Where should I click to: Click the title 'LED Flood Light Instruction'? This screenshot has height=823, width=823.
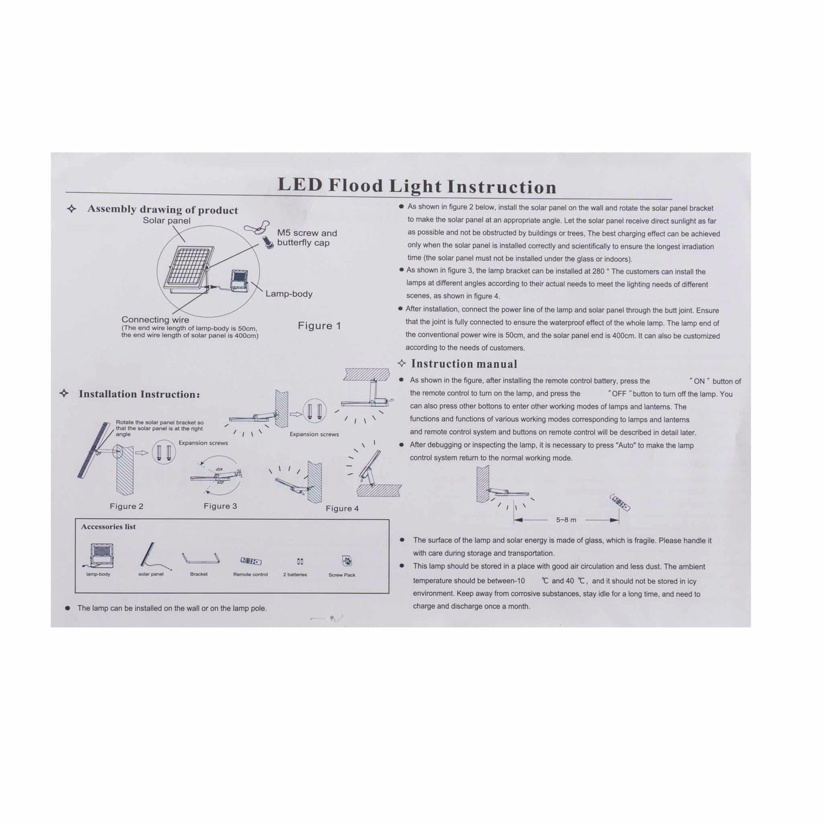point(416,186)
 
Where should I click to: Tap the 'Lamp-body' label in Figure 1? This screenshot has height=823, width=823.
point(289,294)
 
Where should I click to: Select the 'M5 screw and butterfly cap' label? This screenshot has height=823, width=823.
point(306,238)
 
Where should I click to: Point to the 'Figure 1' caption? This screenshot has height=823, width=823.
point(319,326)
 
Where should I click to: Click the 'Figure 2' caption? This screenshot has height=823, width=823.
point(126,506)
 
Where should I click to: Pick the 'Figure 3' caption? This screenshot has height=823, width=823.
point(220,506)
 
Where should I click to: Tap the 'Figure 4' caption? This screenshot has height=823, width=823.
point(342,509)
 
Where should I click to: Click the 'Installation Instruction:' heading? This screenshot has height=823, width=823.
point(139,394)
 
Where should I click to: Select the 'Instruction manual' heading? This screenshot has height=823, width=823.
point(464,364)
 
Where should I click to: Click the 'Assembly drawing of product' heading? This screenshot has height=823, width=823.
point(162,210)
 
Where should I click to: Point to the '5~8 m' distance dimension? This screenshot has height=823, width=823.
point(566,519)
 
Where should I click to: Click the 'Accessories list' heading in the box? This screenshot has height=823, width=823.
point(108,527)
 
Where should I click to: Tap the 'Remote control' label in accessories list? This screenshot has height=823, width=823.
point(250,574)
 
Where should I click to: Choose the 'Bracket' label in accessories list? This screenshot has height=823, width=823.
point(199,574)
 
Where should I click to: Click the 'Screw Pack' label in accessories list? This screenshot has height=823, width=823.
point(342,575)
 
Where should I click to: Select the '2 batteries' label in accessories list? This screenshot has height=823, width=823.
point(295,574)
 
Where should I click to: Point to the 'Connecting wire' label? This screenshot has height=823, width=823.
point(155,320)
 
